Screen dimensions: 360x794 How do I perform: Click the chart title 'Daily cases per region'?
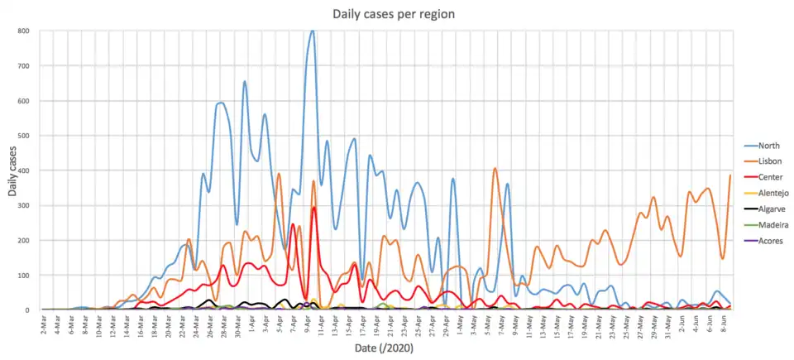point(394,14)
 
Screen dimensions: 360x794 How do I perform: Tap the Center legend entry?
point(758,176)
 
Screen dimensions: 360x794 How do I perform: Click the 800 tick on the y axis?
point(24,31)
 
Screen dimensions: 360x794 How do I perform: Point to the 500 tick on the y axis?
point(24,136)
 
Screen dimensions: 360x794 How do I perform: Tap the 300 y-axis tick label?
point(24,205)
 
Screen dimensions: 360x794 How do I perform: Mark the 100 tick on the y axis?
point(24,275)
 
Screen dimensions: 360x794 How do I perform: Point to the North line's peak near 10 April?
point(312,31)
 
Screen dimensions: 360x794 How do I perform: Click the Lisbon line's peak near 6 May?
point(495,169)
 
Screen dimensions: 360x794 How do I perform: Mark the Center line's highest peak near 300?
point(314,208)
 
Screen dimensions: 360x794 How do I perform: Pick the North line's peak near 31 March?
point(245,81)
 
